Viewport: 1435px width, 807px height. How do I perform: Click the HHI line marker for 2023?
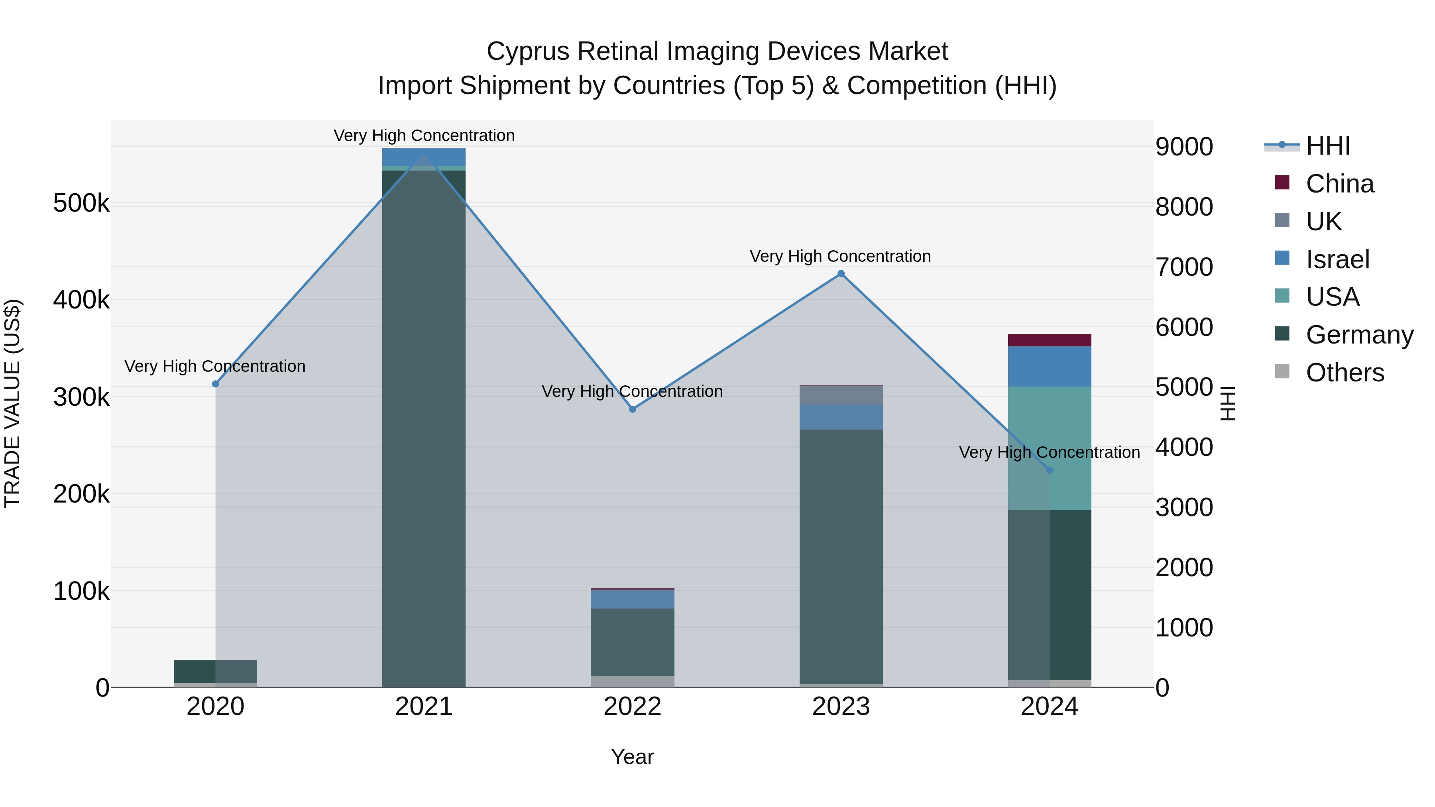coord(841,273)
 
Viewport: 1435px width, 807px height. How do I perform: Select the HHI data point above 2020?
coord(216,384)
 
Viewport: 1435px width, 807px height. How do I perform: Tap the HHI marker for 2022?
coord(632,409)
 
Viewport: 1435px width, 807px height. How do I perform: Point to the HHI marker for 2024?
coord(1050,471)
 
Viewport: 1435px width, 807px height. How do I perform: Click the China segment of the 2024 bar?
coord(1050,340)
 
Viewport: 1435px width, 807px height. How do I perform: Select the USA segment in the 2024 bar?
coord(1069,446)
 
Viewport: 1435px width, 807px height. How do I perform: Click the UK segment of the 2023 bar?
coord(841,395)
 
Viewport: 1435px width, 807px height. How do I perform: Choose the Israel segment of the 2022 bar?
coord(632,599)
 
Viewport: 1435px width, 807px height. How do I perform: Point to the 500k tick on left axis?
coord(81,203)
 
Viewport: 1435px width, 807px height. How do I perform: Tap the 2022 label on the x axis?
coord(632,707)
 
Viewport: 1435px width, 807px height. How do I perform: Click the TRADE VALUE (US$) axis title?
coord(12,403)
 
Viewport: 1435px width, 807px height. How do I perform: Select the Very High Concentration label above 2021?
coord(424,135)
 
